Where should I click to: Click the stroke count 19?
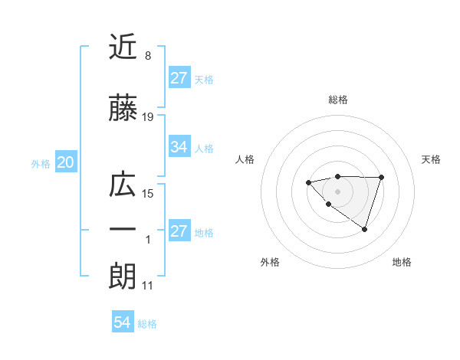148,116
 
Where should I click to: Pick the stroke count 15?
148,193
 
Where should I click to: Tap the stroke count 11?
148,286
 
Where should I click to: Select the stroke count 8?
148,56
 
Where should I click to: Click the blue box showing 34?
179,147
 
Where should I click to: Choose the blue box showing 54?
122,323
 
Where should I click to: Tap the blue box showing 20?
66,162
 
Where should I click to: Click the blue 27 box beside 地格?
179,232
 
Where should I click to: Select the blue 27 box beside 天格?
179,77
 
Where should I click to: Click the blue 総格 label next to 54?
147,324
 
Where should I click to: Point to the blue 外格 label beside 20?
41,164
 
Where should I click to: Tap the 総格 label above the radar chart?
337,100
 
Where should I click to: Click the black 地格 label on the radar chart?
402,263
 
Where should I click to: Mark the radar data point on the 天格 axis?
381,177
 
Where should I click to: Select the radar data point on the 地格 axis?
364,229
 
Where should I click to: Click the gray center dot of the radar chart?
337,191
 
